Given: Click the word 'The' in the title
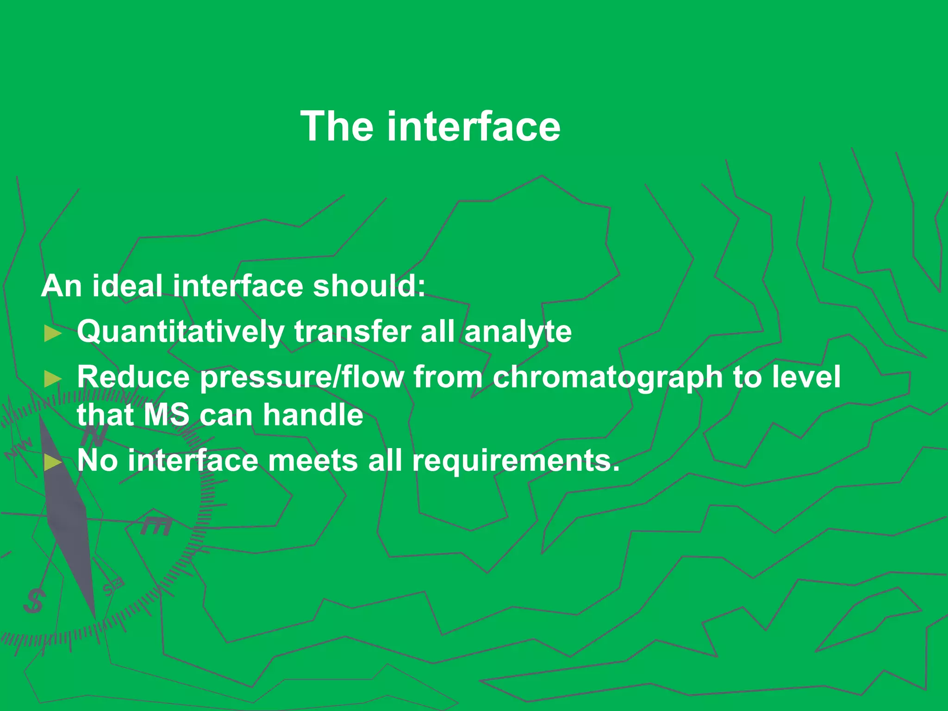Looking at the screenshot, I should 337,126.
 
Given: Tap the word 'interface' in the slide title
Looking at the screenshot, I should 474,126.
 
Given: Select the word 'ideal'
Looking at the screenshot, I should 127,286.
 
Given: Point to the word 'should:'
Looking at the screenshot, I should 369,286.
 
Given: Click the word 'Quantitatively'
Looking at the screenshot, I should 181,332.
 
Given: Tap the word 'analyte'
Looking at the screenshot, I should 518,332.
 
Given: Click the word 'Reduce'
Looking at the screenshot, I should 133,377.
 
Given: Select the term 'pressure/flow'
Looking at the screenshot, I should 302,377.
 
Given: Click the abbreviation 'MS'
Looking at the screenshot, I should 166,414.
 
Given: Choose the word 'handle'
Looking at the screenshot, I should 313,414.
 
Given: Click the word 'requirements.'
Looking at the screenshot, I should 516,460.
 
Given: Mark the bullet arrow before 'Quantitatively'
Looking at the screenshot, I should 53,333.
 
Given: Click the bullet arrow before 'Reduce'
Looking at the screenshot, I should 53,379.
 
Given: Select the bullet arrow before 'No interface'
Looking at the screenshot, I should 53,462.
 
